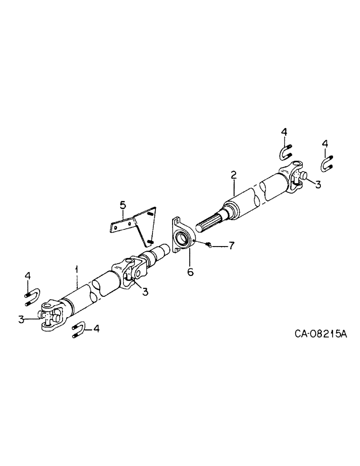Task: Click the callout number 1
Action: [77, 269]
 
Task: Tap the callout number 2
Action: [234, 175]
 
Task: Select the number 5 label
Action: [122, 204]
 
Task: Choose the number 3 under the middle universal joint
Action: [145, 292]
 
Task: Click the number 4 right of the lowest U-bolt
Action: [97, 329]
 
